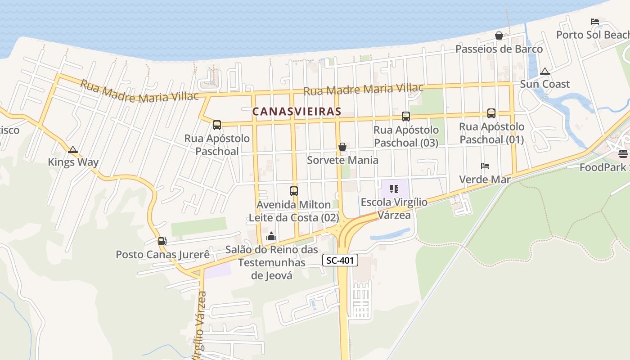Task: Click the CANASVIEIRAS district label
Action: click(297, 111)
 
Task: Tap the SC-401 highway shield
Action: click(340, 260)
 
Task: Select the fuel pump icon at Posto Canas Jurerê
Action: click(162, 241)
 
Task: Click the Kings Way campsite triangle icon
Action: click(73, 149)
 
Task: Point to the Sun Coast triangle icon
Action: click(545, 71)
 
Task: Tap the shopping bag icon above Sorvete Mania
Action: click(342, 147)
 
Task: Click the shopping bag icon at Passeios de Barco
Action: click(499, 36)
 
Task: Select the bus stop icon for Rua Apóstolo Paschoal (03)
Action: click(406, 117)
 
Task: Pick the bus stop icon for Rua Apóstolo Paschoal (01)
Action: click(491, 113)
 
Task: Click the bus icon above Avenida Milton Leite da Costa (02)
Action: click(294, 191)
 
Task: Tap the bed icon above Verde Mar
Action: click(485, 166)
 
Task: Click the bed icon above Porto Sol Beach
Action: click(595, 21)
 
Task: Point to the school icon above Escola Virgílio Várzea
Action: click(394, 189)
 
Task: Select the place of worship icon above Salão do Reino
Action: click(271, 236)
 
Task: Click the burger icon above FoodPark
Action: click(623, 154)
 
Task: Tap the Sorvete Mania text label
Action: click(342, 160)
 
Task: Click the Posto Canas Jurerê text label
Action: click(163, 255)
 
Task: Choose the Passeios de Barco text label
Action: click(499, 49)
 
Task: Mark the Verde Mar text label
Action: click(485, 180)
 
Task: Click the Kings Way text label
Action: click(73, 162)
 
